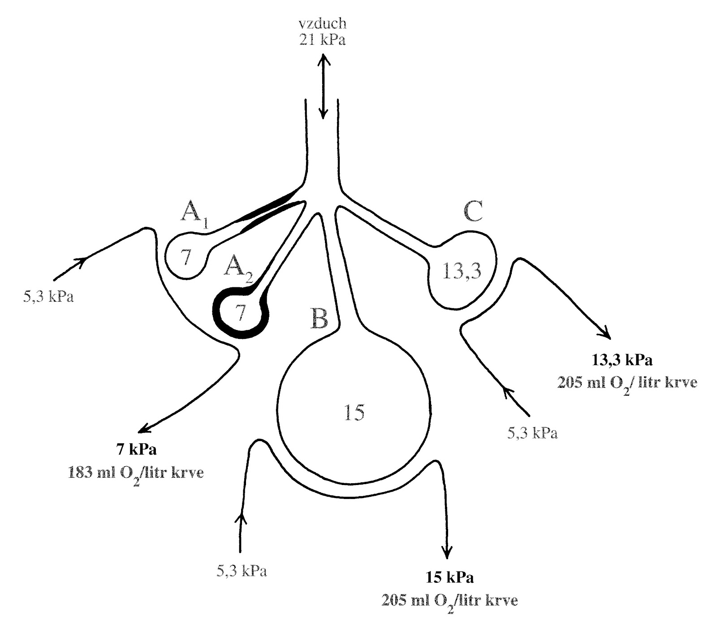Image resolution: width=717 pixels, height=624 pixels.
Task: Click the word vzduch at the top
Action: [x=323, y=24]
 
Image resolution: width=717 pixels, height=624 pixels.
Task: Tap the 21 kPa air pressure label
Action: [x=323, y=40]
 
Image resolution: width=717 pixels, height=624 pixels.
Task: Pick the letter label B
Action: [x=319, y=319]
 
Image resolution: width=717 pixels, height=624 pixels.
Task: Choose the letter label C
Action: [x=473, y=211]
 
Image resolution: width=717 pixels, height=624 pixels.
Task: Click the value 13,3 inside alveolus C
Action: [x=462, y=271]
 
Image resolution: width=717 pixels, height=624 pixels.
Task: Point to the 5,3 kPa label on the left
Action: [x=48, y=296]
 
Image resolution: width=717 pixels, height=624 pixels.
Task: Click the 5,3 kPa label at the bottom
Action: [x=242, y=571]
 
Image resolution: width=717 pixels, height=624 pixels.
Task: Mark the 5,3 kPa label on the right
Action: [x=532, y=433]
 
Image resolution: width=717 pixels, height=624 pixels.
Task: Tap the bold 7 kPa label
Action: [x=136, y=449]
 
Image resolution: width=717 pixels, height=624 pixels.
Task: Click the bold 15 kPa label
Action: [x=449, y=577]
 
